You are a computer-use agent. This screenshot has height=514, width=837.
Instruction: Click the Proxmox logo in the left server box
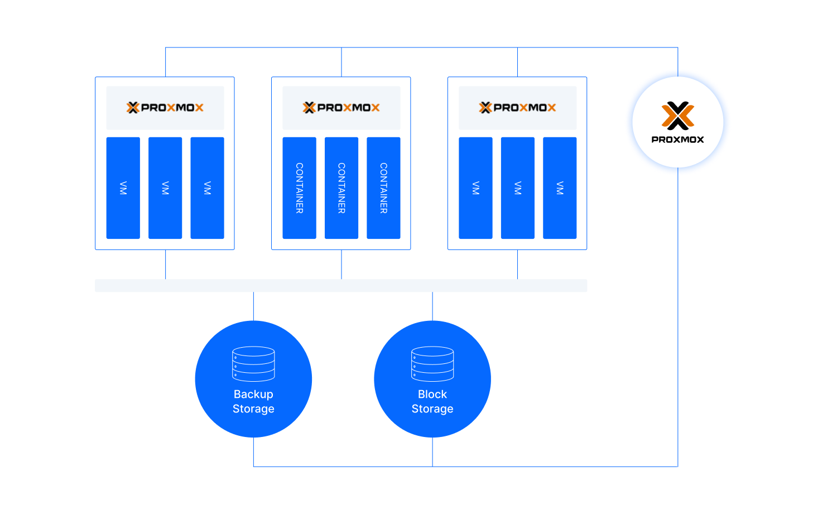point(165,108)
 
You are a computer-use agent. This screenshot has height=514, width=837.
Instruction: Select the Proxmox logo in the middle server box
point(341,108)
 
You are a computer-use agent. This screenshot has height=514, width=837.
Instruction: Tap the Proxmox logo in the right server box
point(518,108)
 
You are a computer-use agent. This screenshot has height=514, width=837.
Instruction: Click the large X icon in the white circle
point(678,116)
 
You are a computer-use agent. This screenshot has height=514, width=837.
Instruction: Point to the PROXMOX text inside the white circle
point(678,140)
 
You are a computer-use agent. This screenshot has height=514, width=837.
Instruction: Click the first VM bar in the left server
point(123,188)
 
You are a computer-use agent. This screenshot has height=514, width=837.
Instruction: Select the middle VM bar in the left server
point(165,188)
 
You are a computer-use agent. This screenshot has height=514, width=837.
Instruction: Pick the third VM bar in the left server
point(207,188)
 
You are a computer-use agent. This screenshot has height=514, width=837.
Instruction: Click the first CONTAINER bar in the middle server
point(299,188)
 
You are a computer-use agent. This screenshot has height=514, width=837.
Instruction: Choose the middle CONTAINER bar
point(341,188)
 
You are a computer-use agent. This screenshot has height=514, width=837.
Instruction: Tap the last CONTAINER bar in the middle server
point(383,188)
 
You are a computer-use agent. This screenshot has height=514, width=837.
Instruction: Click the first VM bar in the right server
point(475,188)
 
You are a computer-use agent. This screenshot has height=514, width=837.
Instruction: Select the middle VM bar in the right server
point(517,188)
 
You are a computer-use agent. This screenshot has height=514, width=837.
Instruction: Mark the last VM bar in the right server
point(560,188)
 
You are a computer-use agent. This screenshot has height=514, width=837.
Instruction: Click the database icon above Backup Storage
point(253,364)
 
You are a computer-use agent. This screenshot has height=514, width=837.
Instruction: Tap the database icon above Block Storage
point(432,364)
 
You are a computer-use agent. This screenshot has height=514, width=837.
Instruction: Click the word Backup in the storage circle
point(253,394)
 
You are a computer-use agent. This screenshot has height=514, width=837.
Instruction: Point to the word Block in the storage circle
point(432,394)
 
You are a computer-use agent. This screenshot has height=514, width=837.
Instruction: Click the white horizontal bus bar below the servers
point(341,286)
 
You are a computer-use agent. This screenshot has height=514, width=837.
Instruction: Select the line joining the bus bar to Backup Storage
point(253,306)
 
